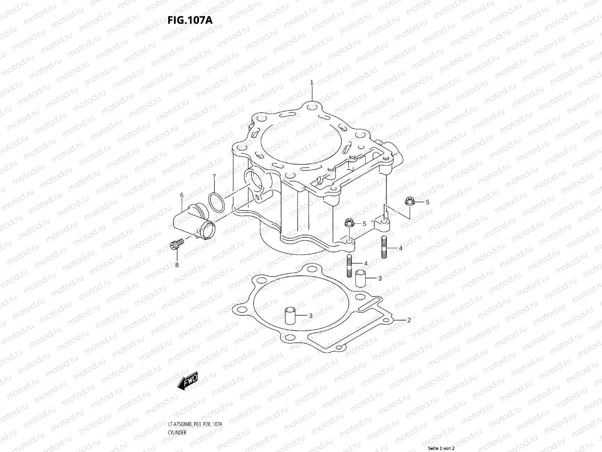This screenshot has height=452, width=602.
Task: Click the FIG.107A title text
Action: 190,20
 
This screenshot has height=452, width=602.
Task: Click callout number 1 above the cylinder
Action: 312,82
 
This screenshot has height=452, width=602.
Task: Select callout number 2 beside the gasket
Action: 409,321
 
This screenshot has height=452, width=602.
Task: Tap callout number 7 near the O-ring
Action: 214,177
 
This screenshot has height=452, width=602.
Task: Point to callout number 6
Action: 181,195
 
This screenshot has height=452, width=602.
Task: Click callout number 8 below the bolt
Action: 176,265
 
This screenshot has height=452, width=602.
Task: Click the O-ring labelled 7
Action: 217,202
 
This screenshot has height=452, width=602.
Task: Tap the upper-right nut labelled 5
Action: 409,202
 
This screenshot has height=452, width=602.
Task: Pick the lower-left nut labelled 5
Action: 348,223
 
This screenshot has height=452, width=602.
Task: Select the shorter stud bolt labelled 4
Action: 348,266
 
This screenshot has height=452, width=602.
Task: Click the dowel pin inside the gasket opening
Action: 289,316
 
